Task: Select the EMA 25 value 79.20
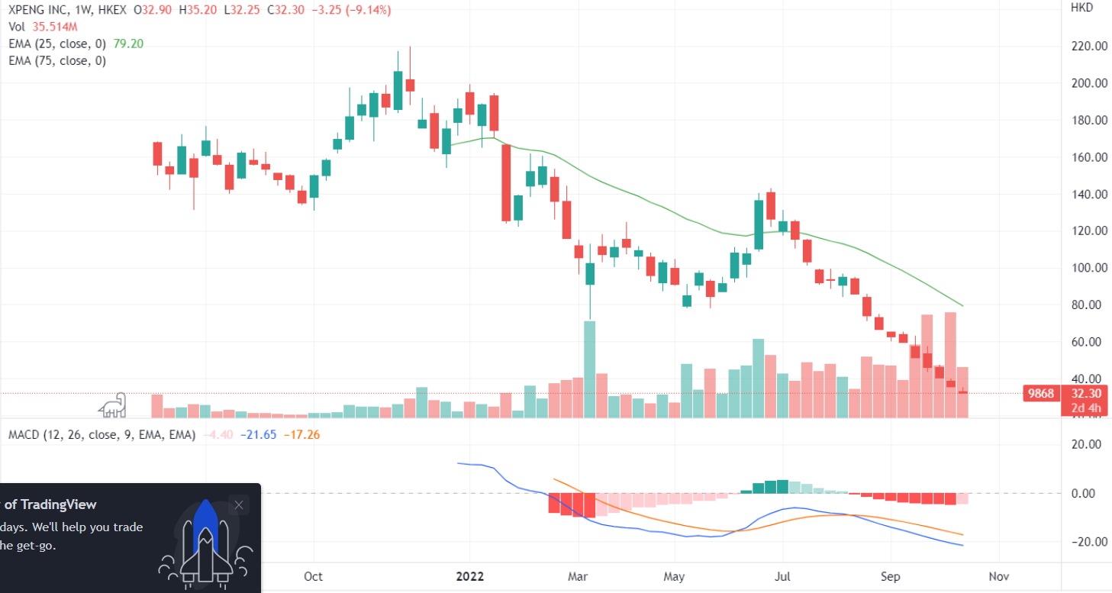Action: coord(128,44)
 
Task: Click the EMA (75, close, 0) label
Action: coord(57,60)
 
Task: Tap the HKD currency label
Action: coord(1081,8)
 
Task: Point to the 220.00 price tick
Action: coord(1090,47)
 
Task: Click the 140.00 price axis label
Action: coord(1090,195)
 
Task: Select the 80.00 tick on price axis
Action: coord(1090,305)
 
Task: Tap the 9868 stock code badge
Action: coord(1040,394)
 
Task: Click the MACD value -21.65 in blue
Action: coord(257,435)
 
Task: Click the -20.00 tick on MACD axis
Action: coord(1088,542)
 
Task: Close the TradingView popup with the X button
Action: coord(239,505)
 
